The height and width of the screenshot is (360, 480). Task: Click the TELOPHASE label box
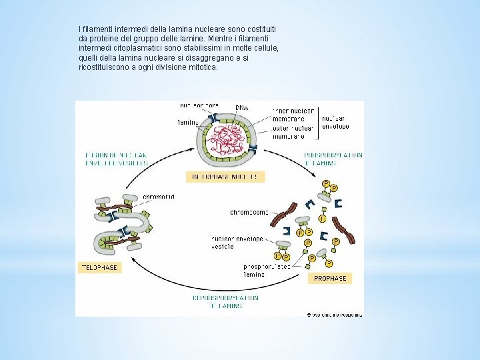99,267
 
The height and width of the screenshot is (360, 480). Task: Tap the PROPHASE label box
329,278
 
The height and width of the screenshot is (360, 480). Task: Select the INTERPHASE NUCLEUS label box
225,177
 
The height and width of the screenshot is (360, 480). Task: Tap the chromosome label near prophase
249,213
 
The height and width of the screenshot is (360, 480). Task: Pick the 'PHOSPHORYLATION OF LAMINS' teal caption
333,158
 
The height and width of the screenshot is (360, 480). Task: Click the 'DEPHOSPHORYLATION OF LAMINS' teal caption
226,301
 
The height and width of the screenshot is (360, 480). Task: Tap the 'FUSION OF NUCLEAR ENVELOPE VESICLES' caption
116,159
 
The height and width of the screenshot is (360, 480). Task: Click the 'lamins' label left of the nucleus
187,123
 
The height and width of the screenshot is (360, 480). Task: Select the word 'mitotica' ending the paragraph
202,67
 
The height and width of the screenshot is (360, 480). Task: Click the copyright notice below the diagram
334,313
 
